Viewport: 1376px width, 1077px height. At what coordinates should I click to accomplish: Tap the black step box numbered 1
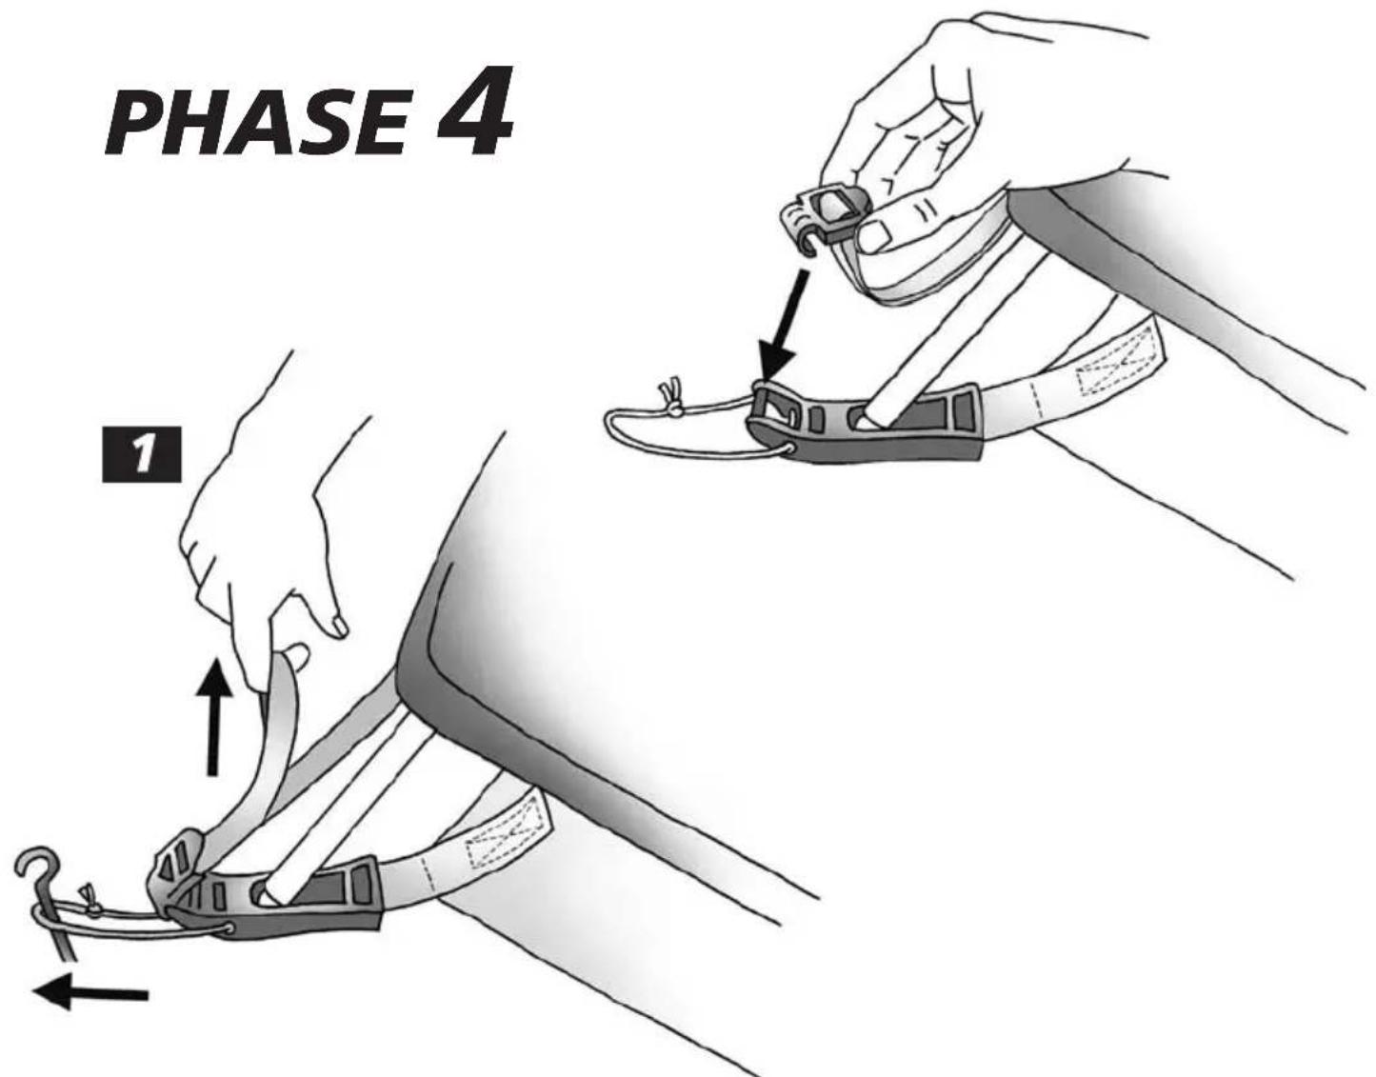[x=142, y=454]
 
